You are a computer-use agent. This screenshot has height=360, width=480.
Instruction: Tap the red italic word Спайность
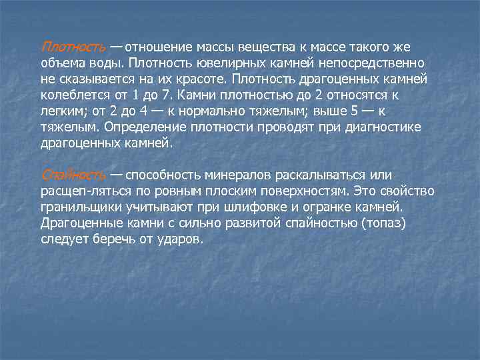click(x=73, y=175)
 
